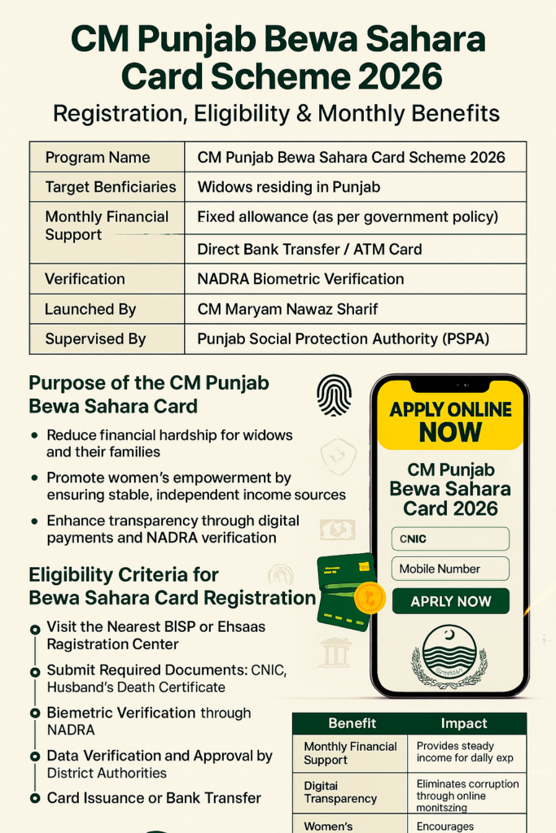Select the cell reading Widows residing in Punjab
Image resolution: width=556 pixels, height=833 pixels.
[x=289, y=187]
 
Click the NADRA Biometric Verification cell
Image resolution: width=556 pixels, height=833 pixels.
[x=300, y=279]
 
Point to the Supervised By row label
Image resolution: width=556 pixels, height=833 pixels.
[x=95, y=338]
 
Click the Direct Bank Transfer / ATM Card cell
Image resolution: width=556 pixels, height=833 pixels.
[x=309, y=249]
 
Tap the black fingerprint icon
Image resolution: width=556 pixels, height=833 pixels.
[x=334, y=395]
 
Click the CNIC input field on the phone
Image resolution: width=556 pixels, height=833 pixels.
[x=450, y=539]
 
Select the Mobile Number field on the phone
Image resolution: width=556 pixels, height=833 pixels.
[x=450, y=569]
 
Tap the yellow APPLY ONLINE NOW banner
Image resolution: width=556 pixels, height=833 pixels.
[x=450, y=421]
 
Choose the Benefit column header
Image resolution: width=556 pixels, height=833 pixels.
[x=352, y=723]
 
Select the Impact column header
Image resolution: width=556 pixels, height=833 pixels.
[x=463, y=723]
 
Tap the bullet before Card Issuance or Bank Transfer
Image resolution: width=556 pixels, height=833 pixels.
[x=34, y=798]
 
